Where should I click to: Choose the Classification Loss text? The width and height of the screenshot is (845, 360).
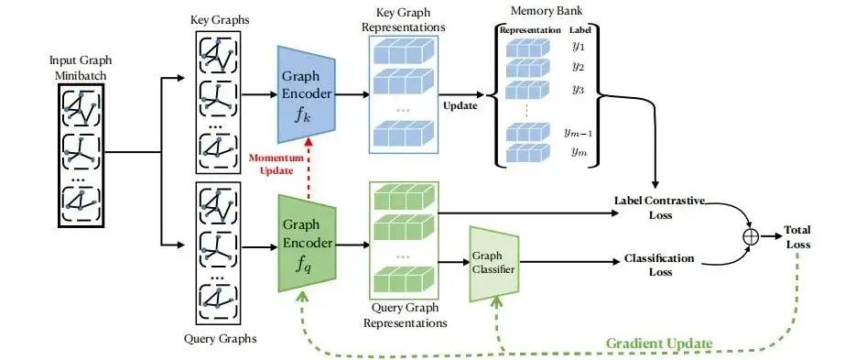[662, 266]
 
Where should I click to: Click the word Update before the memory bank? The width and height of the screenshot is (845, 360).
[461, 105]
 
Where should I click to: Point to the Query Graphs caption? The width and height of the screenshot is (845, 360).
[219, 340]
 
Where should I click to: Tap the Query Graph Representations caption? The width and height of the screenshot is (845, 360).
[405, 316]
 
